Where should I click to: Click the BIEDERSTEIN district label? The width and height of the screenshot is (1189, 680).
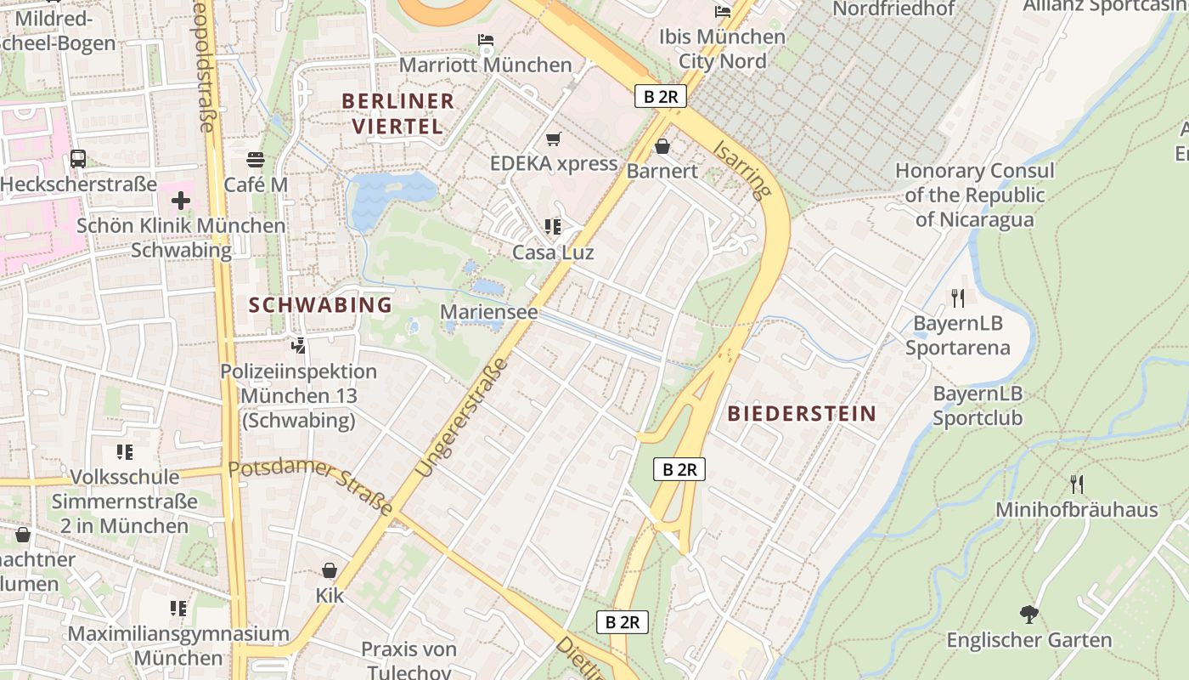(x=802, y=414)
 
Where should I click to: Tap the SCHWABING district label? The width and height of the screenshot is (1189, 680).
(x=320, y=304)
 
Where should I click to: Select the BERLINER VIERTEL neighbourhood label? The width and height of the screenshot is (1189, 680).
(x=397, y=113)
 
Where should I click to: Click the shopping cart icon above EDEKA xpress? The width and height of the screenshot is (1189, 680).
(x=554, y=139)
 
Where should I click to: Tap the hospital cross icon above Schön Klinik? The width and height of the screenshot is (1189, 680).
(x=180, y=201)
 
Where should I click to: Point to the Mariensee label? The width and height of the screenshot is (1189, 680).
(x=489, y=312)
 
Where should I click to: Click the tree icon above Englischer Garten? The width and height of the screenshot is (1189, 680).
(x=1029, y=615)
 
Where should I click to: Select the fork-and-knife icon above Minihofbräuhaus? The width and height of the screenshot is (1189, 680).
(x=1076, y=484)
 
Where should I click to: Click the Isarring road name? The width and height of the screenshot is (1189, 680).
(x=742, y=169)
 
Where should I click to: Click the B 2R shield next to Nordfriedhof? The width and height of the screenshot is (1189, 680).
(x=661, y=96)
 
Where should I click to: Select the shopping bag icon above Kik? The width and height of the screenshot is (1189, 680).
(x=330, y=570)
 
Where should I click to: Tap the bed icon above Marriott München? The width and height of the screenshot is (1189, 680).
(x=485, y=40)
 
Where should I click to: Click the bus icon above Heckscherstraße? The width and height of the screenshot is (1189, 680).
(x=78, y=158)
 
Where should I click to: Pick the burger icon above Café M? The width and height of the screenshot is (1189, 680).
(x=256, y=159)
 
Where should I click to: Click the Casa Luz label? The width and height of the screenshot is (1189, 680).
(x=553, y=252)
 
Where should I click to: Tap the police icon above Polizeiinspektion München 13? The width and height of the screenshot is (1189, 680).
(x=298, y=346)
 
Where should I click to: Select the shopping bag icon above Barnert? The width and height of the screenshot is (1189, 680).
(x=662, y=146)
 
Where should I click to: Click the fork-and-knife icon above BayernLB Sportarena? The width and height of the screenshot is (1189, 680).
(x=958, y=297)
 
